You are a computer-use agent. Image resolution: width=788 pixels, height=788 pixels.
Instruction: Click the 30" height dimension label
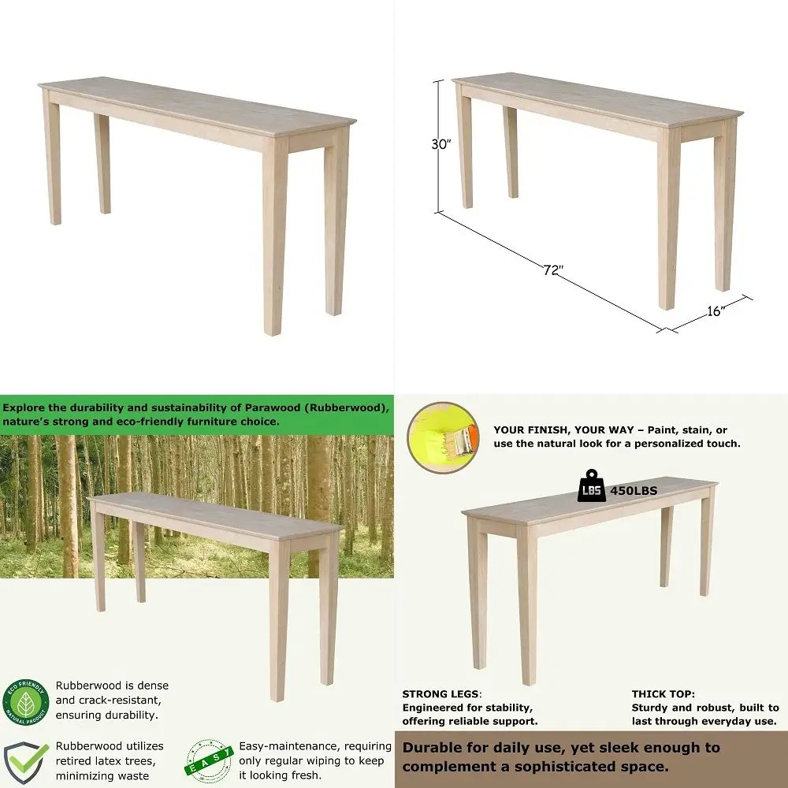tap(441, 144)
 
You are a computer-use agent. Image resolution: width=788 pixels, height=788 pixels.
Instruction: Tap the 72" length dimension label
tap(553, 269)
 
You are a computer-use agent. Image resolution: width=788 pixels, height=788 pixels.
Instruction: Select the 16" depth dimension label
tap(716, 311)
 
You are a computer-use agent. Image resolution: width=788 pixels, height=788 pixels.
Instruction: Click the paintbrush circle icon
tap(443, 437)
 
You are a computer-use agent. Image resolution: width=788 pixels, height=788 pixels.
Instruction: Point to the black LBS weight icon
tap(592, 486)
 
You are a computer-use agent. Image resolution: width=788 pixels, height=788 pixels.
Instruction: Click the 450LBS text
tap(634, 491)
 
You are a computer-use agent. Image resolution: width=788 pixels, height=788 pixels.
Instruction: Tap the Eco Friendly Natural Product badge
tap(26, 702)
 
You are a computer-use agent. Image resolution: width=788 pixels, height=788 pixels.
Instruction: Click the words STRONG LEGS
tap(440, 694)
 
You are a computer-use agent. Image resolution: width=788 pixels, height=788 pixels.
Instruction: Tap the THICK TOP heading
tap(663, 694)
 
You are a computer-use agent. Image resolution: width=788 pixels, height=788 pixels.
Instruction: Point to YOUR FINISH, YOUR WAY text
tap(564, 430)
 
